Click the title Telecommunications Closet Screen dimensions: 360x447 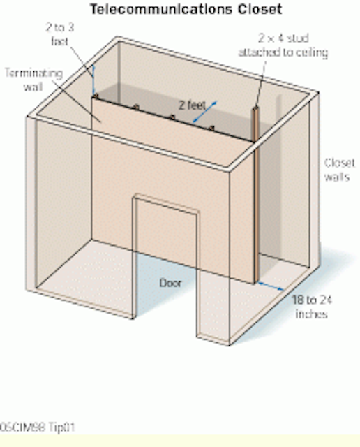pos(186,9)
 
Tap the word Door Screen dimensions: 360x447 pos(170,283)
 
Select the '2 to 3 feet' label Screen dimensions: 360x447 pos(60,34)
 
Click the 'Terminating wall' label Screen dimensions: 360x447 pos(33,80)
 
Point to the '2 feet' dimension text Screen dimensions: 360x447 pos(192,105)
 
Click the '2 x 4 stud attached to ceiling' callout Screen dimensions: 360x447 pos(283,45)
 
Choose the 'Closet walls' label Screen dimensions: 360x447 pos(340,170)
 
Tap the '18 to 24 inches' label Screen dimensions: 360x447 pos(312,307)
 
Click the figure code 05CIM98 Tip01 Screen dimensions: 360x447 pos(37,427)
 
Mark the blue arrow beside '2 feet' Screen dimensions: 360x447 pos(205,112)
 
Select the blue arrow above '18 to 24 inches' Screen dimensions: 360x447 pos(271,286)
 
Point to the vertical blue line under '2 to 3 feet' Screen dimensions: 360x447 pos(93,80)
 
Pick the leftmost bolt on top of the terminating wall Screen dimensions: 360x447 pos(96,96)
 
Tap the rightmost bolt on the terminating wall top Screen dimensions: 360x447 pos(211,128)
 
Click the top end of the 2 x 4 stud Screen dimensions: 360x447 pos(256,108)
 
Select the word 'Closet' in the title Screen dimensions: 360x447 pos(260,9)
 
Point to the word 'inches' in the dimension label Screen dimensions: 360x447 pos(311,314)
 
